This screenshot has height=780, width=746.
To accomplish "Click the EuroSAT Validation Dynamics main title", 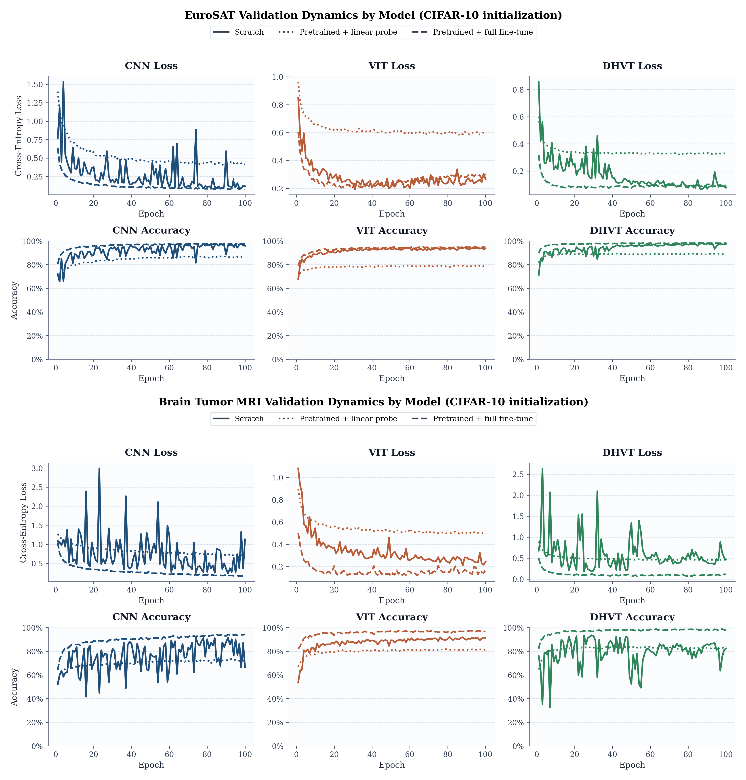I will pyautogui.click(x=373, y=15).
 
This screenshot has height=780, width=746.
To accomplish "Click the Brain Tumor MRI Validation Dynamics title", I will pyautogui.click(x=373, y=402).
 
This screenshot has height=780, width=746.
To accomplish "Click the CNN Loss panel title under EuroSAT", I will pyautogui.click(x=151, y=66).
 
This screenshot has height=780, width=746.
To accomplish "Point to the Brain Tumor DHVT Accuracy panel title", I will pyautogui.click(x=632, y=617).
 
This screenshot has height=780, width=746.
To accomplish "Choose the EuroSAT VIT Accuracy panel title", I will pyautogui.click(x=392, y=230).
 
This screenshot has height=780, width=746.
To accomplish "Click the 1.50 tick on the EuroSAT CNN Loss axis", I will pyautogui.click(x=35, y=85).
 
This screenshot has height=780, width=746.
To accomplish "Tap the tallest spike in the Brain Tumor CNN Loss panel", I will pyautogui.click(x=99, y=469).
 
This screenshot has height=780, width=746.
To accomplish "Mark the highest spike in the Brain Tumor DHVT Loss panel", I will pyautogui.click(x=542, y=469).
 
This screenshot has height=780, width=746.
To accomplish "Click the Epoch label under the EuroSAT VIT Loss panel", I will pyautogui.click(x=392, y=214).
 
